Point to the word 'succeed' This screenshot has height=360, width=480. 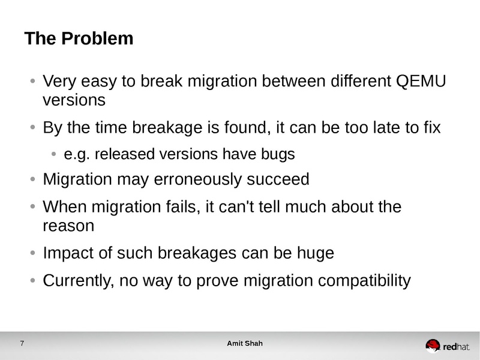(280, 179)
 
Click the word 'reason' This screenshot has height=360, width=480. (68, 226)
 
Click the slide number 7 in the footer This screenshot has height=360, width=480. (22, 344)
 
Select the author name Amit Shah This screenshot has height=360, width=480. (244, 344)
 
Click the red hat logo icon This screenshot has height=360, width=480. (433, 345)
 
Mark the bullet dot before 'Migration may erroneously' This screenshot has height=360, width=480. (33, 179)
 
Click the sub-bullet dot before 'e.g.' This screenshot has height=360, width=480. (54, 155)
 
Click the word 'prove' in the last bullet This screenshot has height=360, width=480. (208, 280)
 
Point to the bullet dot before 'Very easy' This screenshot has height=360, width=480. (33, 81)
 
